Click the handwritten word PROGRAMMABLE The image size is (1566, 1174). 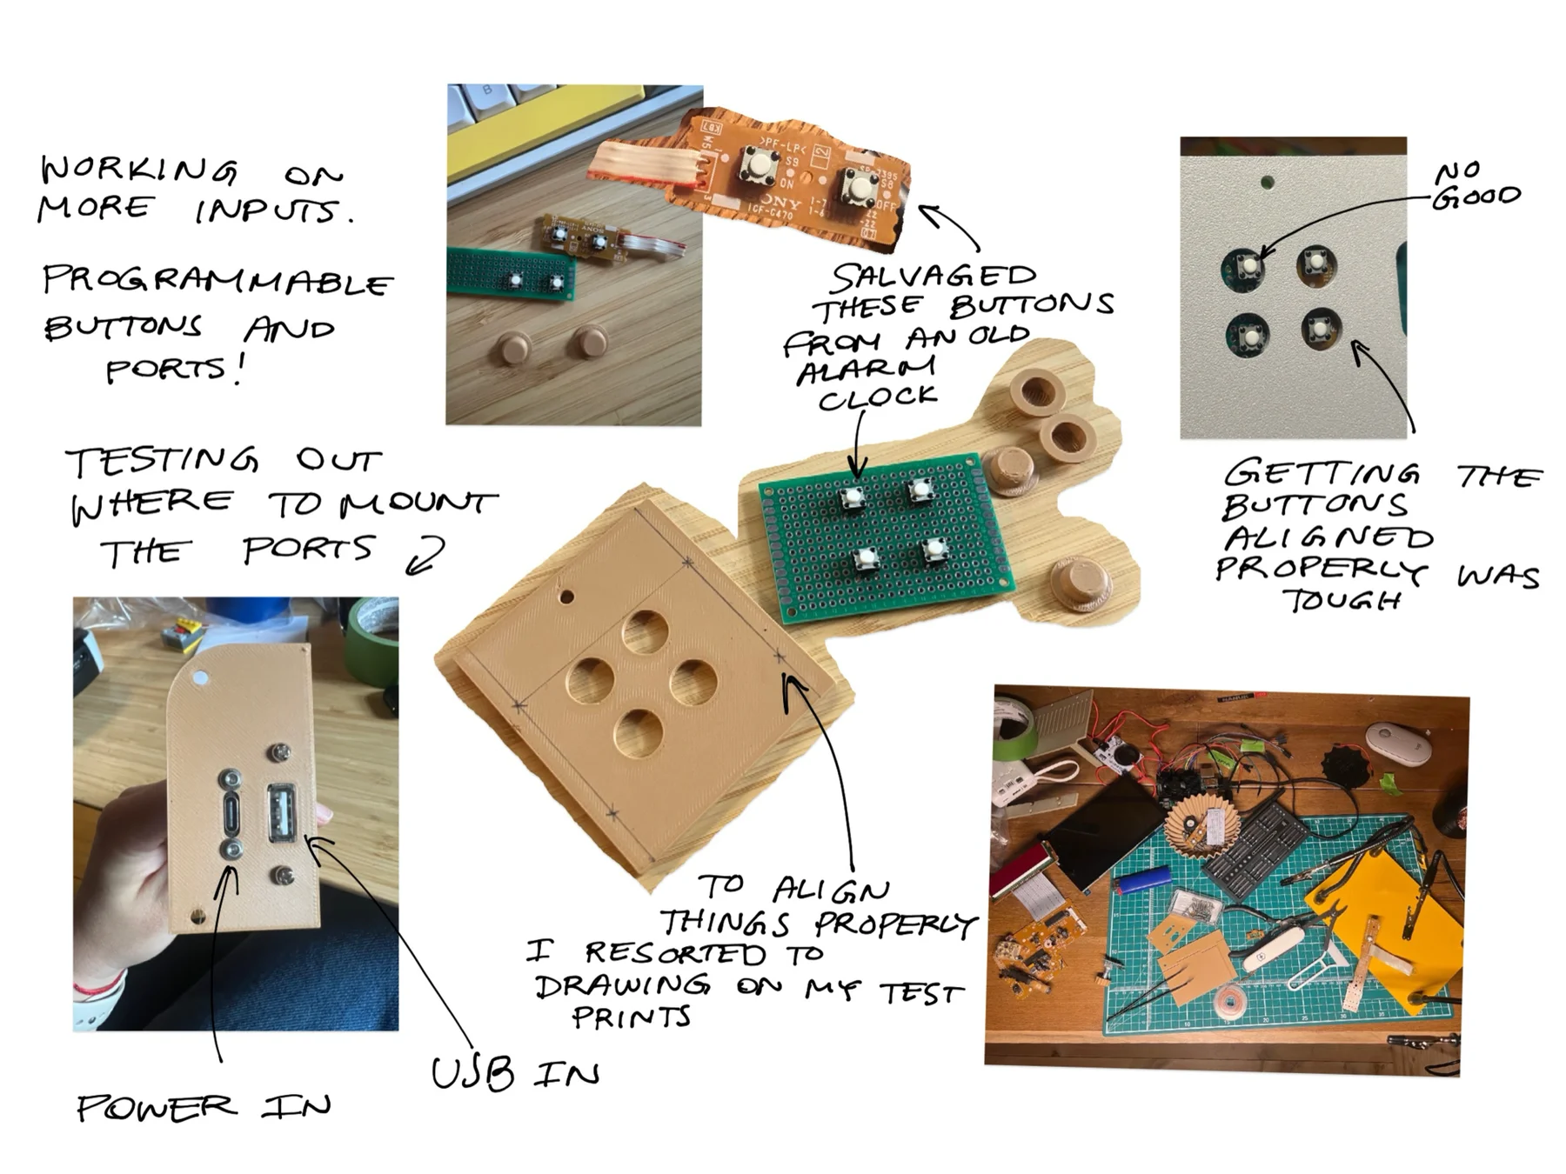coord(217,281)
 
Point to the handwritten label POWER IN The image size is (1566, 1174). coord(204,1107)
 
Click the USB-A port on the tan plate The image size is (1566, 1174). coord(283,812)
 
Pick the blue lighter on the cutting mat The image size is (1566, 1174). coord(1144,879)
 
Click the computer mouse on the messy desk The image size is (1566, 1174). coord(1398,744)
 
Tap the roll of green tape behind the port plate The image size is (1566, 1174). coord(372,642)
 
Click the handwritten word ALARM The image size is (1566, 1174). coord(867,369)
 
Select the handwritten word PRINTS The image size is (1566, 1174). coord(632,1017)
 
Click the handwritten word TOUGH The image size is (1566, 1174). coord(1342,600)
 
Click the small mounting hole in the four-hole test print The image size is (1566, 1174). coord(566,597)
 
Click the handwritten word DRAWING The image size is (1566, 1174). coord(623,985)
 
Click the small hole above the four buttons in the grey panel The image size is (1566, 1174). coord(1268,183)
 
